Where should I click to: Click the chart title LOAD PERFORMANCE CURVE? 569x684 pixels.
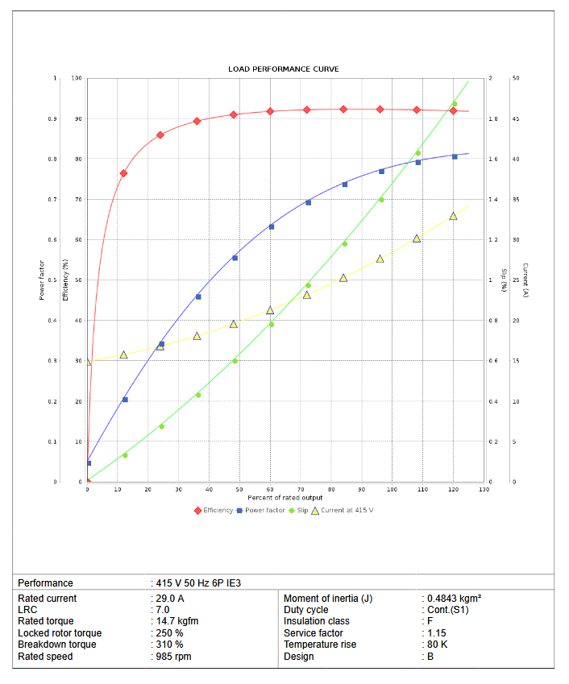click(284, 69)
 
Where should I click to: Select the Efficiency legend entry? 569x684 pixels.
click(213, 510)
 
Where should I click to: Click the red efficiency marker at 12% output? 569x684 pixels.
click(123, 173)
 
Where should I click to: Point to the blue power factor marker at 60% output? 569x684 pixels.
click(271, 226)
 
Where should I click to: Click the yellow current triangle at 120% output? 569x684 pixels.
click(453, 216)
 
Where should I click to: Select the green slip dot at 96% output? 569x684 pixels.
click(381, 200)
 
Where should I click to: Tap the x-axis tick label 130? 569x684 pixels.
click(484, 490)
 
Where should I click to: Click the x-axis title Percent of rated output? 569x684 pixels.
click(285, 498)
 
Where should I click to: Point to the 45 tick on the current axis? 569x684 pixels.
click(515, 119)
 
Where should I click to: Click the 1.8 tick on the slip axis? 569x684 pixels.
click(493, 119)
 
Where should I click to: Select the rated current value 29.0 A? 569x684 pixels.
click(169, 599)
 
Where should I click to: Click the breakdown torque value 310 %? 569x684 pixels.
click(168, 645)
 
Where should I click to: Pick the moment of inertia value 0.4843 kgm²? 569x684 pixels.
click(454, 599)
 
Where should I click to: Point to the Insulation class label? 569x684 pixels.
click(317, 621)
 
